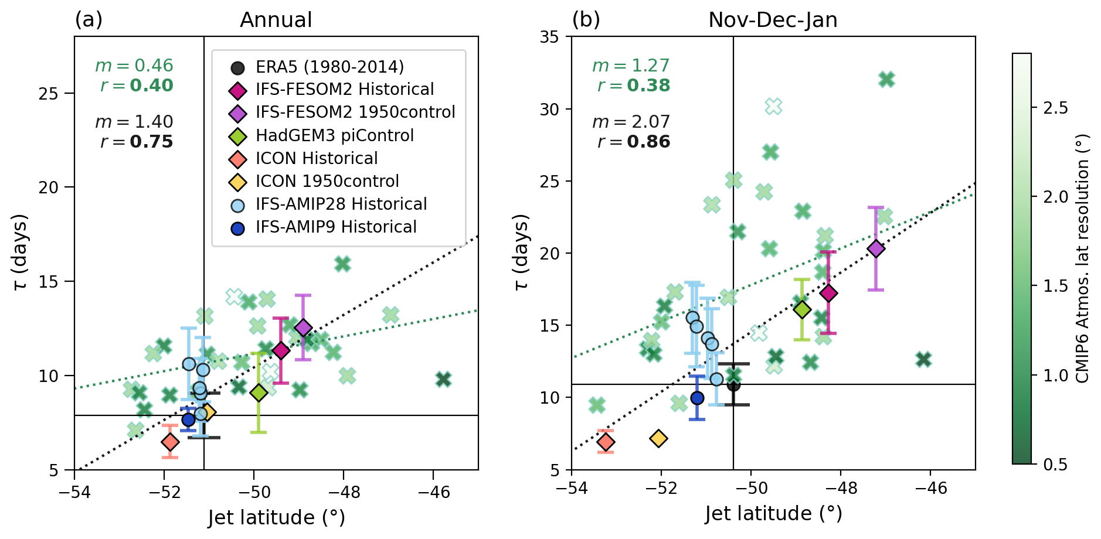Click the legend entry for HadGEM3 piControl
(x=334, y=135)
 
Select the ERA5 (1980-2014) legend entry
(x=329, y=67)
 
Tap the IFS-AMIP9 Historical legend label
(x=336, y=227)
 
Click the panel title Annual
(x=276, y=20)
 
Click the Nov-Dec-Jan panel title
(x=773, y=20)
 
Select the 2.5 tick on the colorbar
(x=1056, y=108)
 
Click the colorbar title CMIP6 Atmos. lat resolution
(x=1083, y=258)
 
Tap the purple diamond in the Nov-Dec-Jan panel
(x=876, y=248)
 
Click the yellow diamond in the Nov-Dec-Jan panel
(x=659, y=438)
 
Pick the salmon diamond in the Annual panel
(x=170, y=441)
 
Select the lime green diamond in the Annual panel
(x=259, y=393)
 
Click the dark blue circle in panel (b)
(x=697, y=398)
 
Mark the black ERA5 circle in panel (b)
(x=733, y=385)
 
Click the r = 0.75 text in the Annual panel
(x=137, y=142)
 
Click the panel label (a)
(x=89, y=20)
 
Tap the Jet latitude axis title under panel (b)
(x=773, y=513)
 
